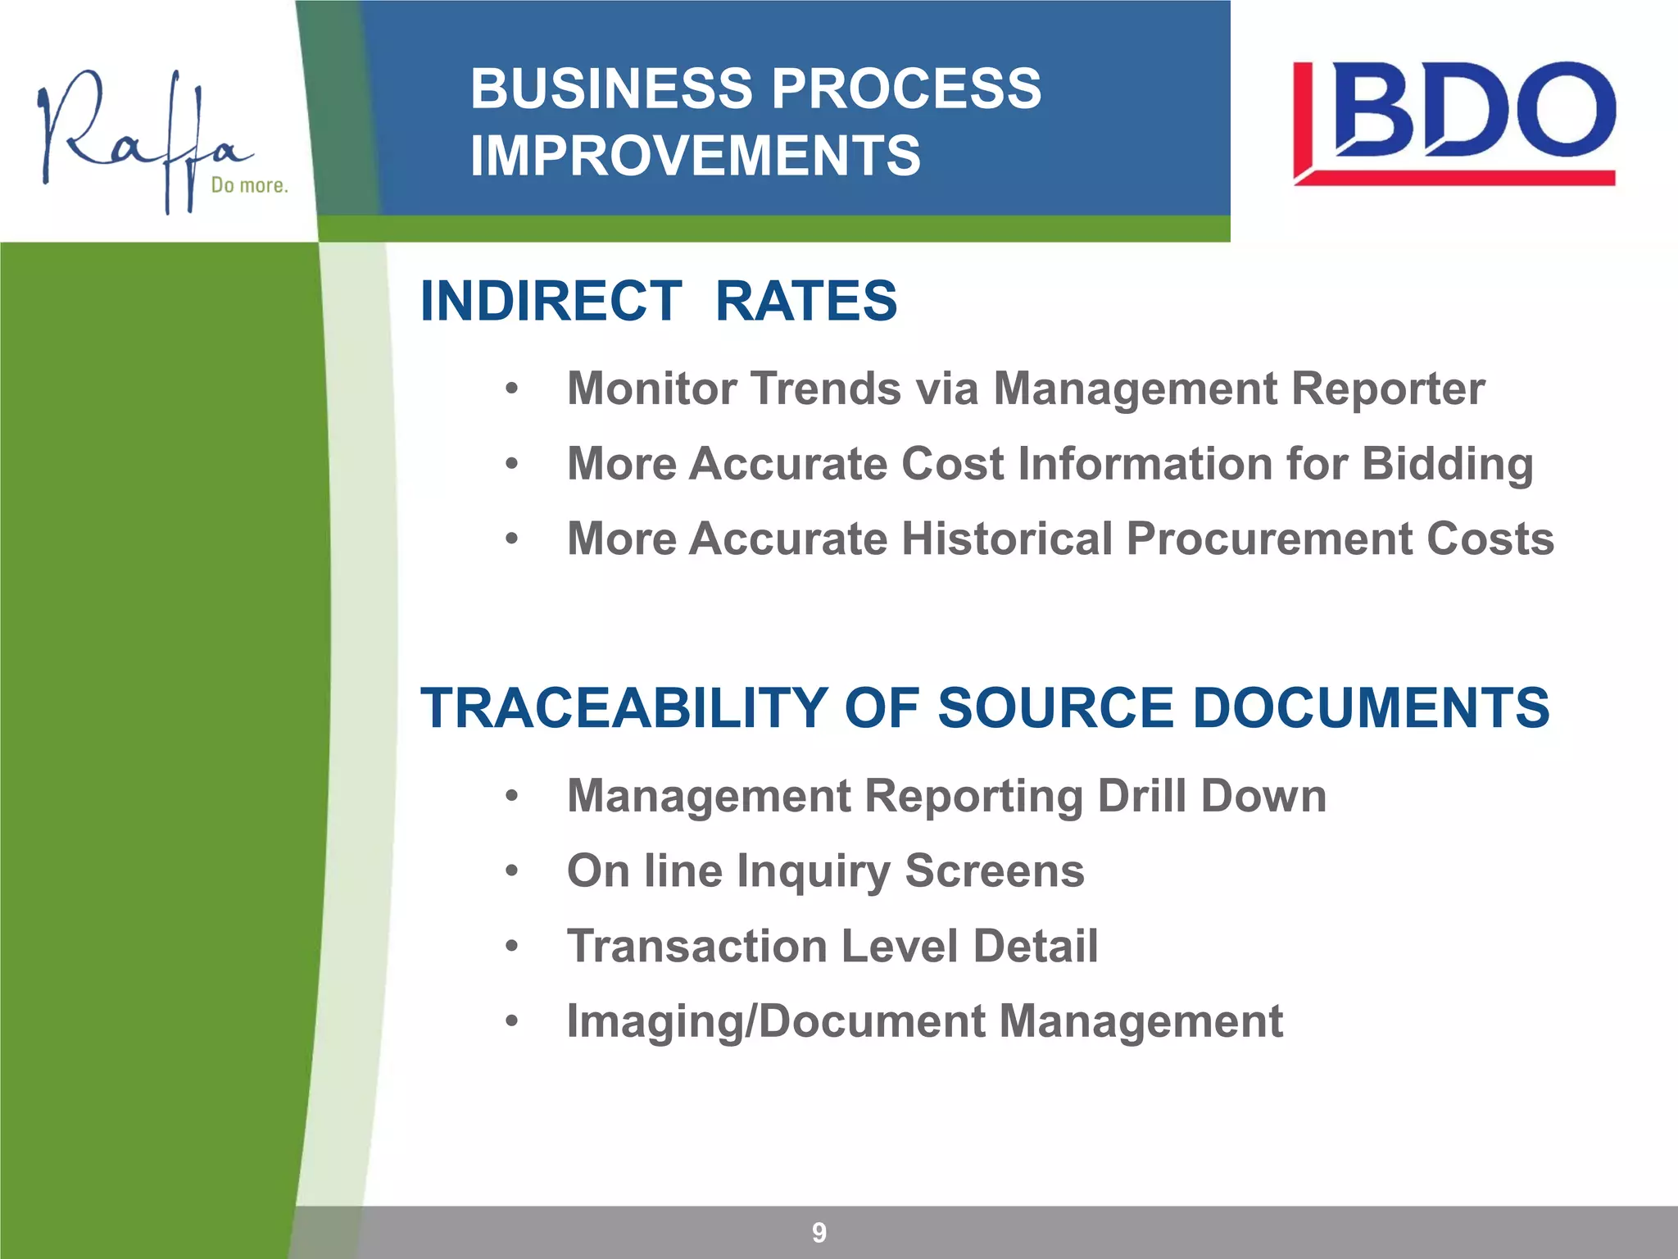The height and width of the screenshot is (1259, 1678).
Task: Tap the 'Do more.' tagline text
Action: click(x=249, y=185)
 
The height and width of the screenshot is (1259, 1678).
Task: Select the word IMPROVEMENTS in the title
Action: click(x=695, y=156)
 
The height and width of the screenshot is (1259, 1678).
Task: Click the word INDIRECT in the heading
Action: click(x=551, y=301)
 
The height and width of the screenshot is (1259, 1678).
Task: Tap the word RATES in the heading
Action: click(x=806, y=301)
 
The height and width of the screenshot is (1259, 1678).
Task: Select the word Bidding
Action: click(x=1447, y=465)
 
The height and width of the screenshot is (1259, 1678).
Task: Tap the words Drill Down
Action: click(x=1212, y=796)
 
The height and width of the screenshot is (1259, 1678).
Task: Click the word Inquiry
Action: click(x=813, y=872)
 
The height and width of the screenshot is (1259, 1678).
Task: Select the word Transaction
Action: click(x=697, y=946)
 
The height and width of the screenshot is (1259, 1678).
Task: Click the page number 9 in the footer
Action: click(x=819, y=1232)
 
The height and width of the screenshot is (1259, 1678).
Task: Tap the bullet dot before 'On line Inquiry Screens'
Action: click(x=512, y=870)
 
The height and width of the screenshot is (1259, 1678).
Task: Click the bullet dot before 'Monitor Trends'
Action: click(x=512, y=389)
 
